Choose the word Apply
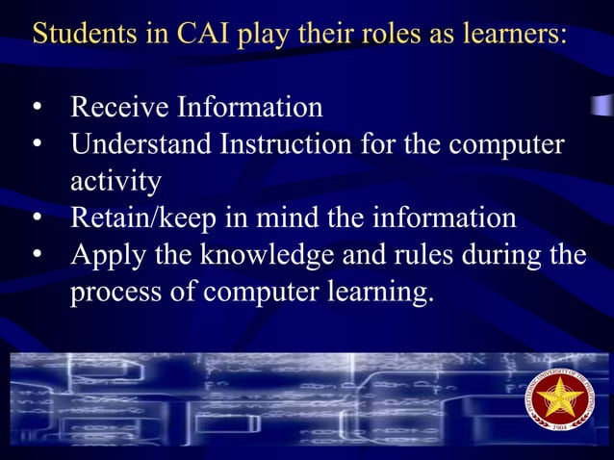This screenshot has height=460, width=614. tap(105, 255)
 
